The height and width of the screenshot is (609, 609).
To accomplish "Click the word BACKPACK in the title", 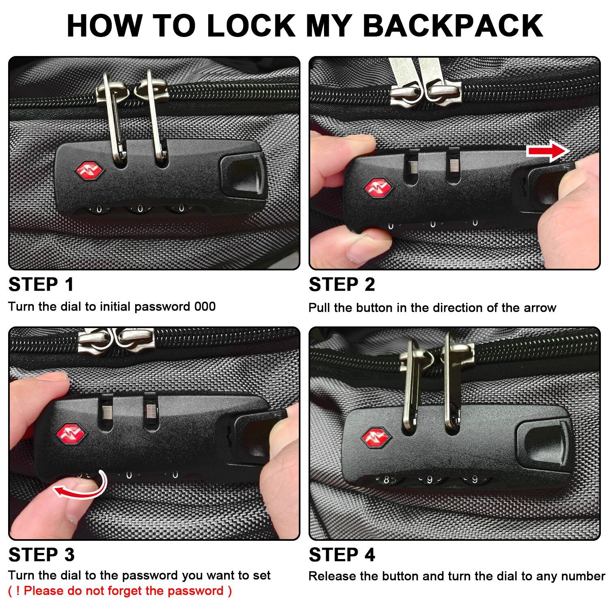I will [x=452, y=26].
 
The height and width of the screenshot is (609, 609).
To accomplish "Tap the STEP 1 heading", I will [x=41, y=285].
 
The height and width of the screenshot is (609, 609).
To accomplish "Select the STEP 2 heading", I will [x=342, y=285].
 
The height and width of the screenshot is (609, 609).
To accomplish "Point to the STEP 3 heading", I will [x=41, y=555].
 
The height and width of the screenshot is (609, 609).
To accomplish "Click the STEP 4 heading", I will [x=342, y=555].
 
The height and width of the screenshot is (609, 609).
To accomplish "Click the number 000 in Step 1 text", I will [x=205, y=307].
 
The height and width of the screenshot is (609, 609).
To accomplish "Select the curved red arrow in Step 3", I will [x=81, y=485].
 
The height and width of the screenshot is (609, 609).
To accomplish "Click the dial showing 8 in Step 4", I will [x=386, y=480].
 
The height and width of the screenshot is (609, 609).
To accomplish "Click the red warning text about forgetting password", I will [x=120, y=591].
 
